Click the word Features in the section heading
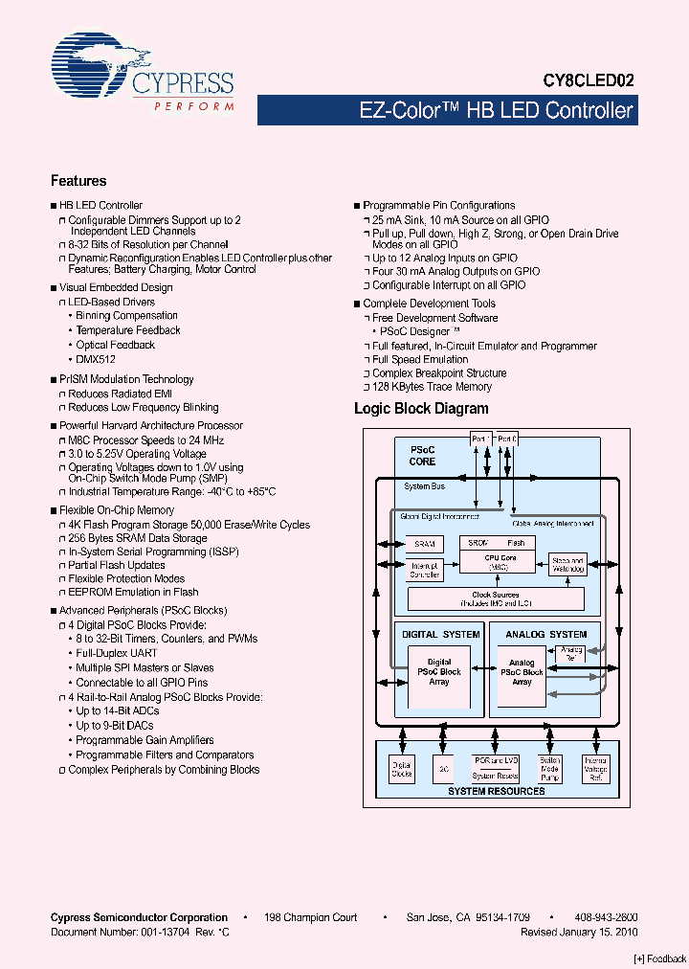click(78, 181)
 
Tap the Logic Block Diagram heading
click(421, 409)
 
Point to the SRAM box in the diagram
click(424, 543)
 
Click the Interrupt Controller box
click(424, 570)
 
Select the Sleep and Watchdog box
click(567, 564)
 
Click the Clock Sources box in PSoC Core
click(495, 598)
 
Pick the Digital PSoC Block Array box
click(439, 671)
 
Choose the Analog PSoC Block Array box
click(522, 672)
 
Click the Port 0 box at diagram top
click(508, 439)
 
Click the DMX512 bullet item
click(96, 359)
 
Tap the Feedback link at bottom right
click(660, 958)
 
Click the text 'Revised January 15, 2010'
click(579, 932)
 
